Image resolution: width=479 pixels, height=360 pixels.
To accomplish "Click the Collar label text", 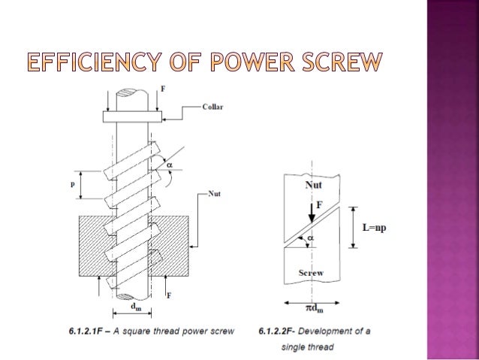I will click(212, 107).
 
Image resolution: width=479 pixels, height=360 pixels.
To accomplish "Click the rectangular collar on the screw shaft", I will click(131, 117).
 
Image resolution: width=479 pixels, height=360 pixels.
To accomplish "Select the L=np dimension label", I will click(378, 226).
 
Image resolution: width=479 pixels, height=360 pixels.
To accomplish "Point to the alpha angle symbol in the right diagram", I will click(311, 238).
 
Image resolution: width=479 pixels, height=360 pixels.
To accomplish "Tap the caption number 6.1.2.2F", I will click(278, 330).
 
